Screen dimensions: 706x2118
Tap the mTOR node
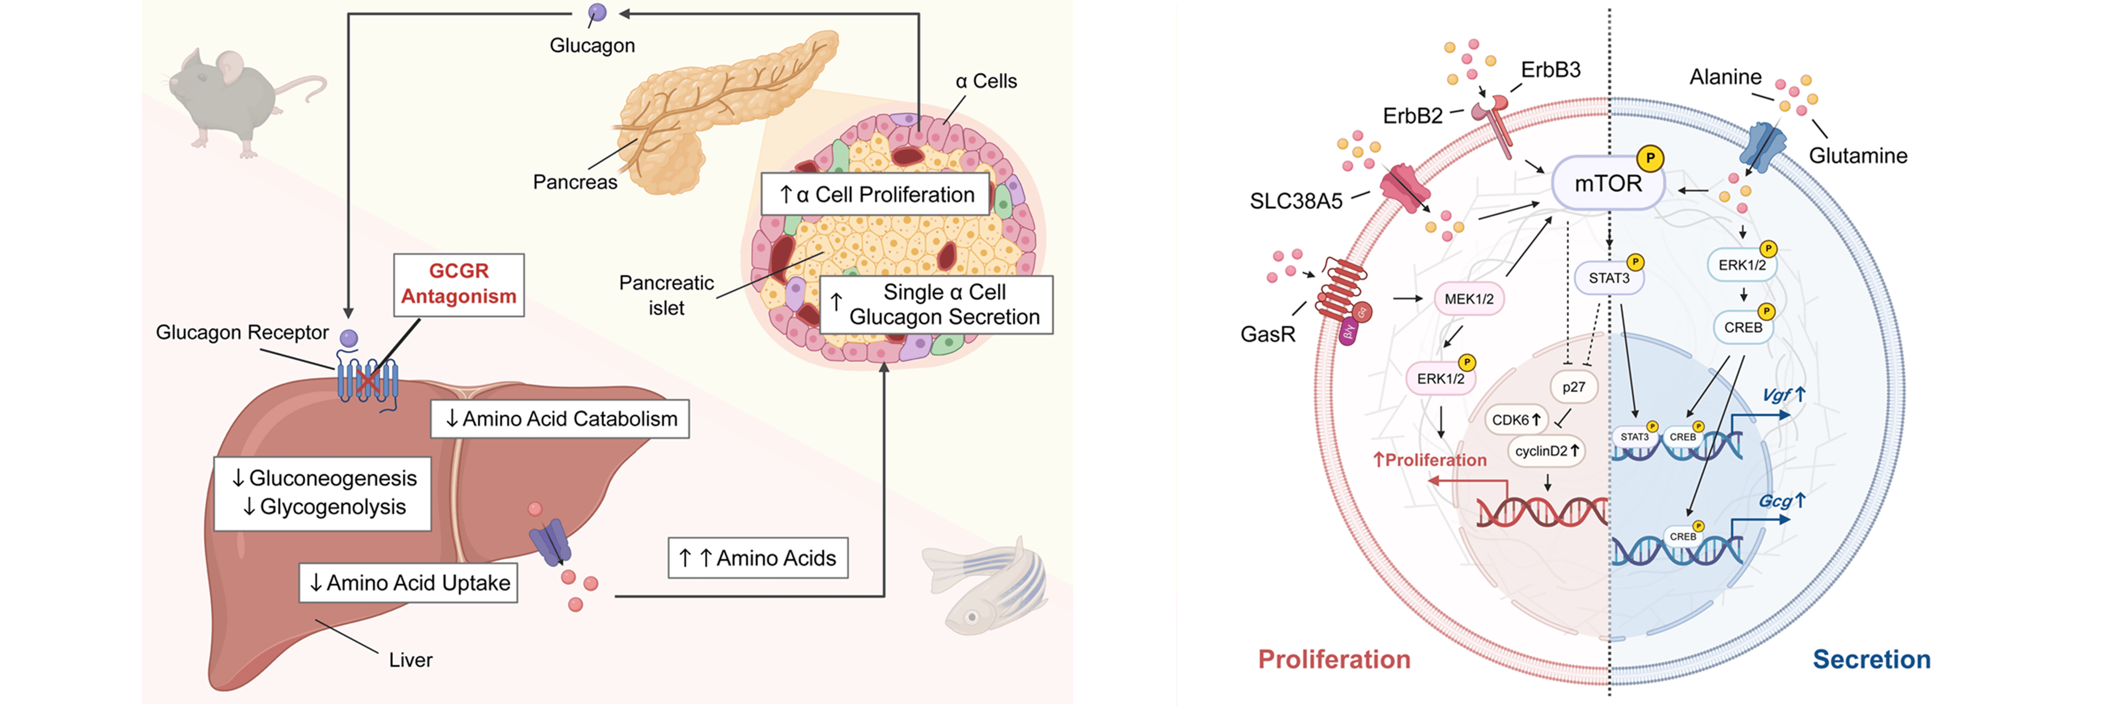1608,183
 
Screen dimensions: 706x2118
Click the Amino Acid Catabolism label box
560,419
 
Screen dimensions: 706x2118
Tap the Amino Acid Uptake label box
409,583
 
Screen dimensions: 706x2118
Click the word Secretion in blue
1871,659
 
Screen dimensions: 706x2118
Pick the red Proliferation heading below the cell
1334,659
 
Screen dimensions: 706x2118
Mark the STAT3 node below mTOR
1608,278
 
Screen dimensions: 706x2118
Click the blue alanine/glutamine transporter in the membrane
1763,146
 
